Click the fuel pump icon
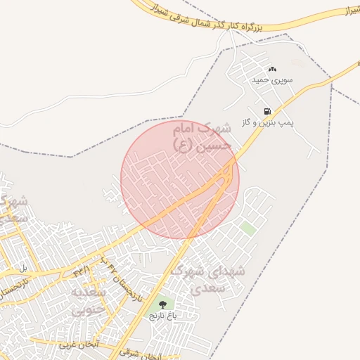click(267, 111)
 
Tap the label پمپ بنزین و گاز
click(267, 122)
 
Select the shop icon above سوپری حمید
click(273, 69)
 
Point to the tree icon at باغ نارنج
click(163, 304)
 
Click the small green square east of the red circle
click(247, 228)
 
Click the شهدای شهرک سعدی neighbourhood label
click(209, 278)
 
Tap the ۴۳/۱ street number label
click(82, 269)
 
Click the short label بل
click(23, 268)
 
